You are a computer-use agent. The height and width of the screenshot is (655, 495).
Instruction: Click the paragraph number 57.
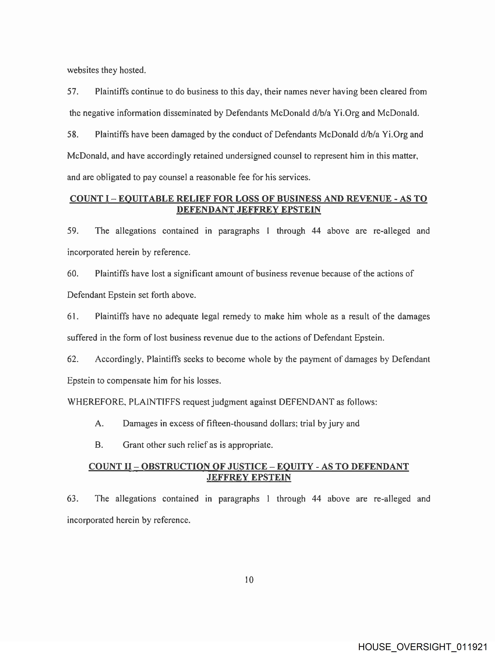tap(73, 92)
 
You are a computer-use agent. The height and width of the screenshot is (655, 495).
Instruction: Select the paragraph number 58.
tap(73, 134)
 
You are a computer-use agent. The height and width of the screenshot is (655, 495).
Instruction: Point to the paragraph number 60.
tap(73, 274)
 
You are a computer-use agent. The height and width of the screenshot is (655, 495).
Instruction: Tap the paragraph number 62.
tap(73, 359)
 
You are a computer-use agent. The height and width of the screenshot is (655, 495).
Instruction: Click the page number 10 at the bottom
tap(249, 580)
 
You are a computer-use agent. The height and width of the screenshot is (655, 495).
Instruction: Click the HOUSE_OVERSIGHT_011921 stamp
tap(423, 647)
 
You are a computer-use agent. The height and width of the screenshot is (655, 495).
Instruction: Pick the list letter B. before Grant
tap(99, 445)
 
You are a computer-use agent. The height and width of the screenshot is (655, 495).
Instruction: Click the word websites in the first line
tap(83, 70)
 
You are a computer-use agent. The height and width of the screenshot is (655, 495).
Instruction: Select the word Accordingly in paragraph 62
tap(119, 359)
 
